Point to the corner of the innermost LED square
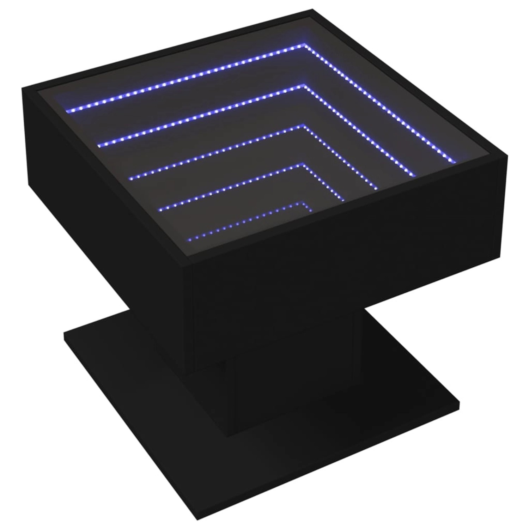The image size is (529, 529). [303, 203]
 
